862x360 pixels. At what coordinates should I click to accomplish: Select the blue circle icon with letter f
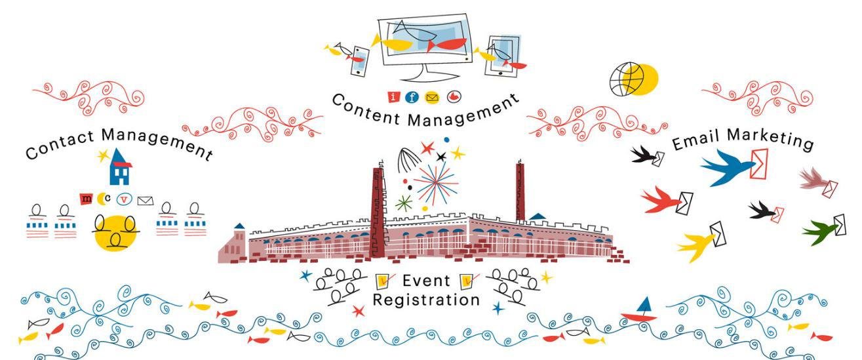pos(412,98)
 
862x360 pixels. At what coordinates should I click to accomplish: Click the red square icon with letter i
pos(393,98)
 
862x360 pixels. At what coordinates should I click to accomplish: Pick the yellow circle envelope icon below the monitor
pos(431,98)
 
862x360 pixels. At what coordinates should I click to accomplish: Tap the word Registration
pos(426,300)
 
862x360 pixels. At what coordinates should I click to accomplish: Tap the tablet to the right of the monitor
pos(505,54)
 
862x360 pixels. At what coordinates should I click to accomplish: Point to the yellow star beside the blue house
pos(102,155)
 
